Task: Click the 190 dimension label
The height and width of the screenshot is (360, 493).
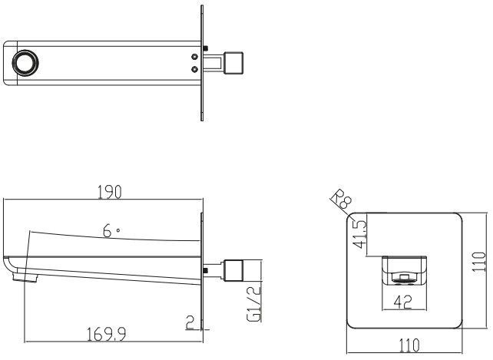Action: [109, 192]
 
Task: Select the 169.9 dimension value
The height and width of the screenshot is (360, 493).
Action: [106, 334]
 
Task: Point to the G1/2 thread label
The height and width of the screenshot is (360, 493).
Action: [254, 303]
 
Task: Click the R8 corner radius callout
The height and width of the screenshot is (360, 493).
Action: [341, 199]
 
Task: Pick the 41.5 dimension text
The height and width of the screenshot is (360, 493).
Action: [359, 234]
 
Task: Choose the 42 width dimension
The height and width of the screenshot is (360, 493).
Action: [402, 302]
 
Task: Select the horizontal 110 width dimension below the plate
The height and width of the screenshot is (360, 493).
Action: [409, 345]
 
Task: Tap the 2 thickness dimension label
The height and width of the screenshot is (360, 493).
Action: [190, 322]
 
